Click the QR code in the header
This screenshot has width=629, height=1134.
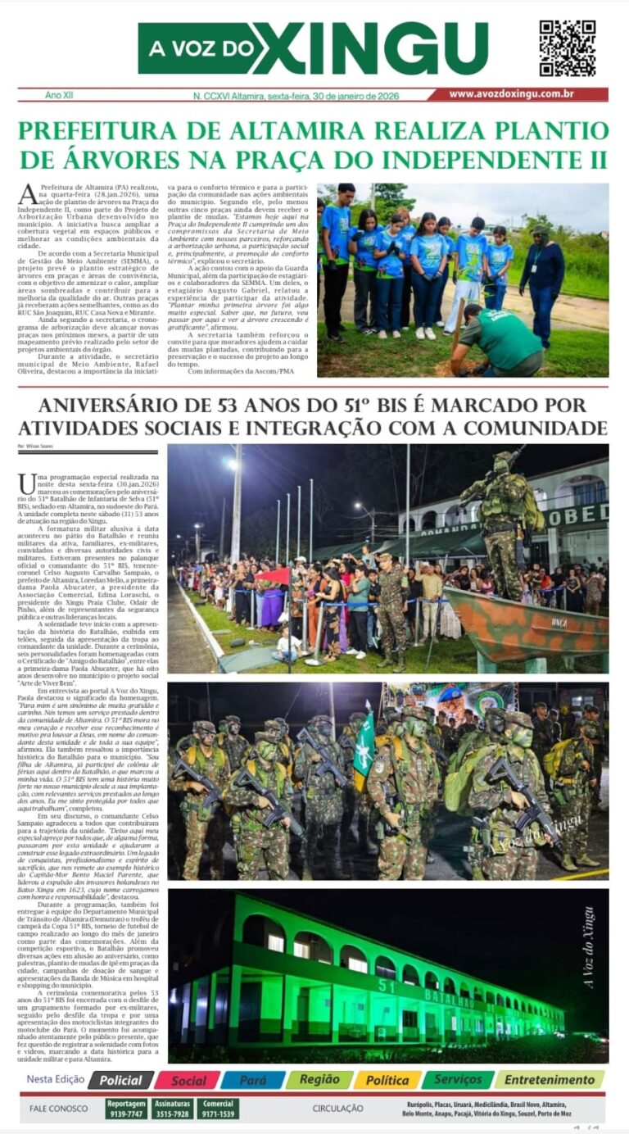(567, 48)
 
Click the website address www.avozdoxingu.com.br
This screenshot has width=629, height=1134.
(523, 94)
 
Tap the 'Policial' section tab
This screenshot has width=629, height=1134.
(121, 1080)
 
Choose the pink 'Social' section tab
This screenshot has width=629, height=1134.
(188, 1080)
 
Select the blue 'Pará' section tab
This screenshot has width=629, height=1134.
(253, 1080)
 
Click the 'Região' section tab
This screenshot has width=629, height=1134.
(319, 1080)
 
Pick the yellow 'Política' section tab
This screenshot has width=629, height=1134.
(387, 1080)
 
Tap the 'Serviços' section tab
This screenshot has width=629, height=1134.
(458, 1080)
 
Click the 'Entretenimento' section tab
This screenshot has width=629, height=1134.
(550, 1080)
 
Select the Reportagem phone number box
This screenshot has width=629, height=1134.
(126, 1109)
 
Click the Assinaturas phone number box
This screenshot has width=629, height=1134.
(172, 1109)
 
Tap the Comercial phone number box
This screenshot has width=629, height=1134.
(217, 1109)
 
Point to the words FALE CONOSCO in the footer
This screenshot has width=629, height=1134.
(59, 1109)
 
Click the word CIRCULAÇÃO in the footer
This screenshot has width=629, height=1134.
(337, 1109)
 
